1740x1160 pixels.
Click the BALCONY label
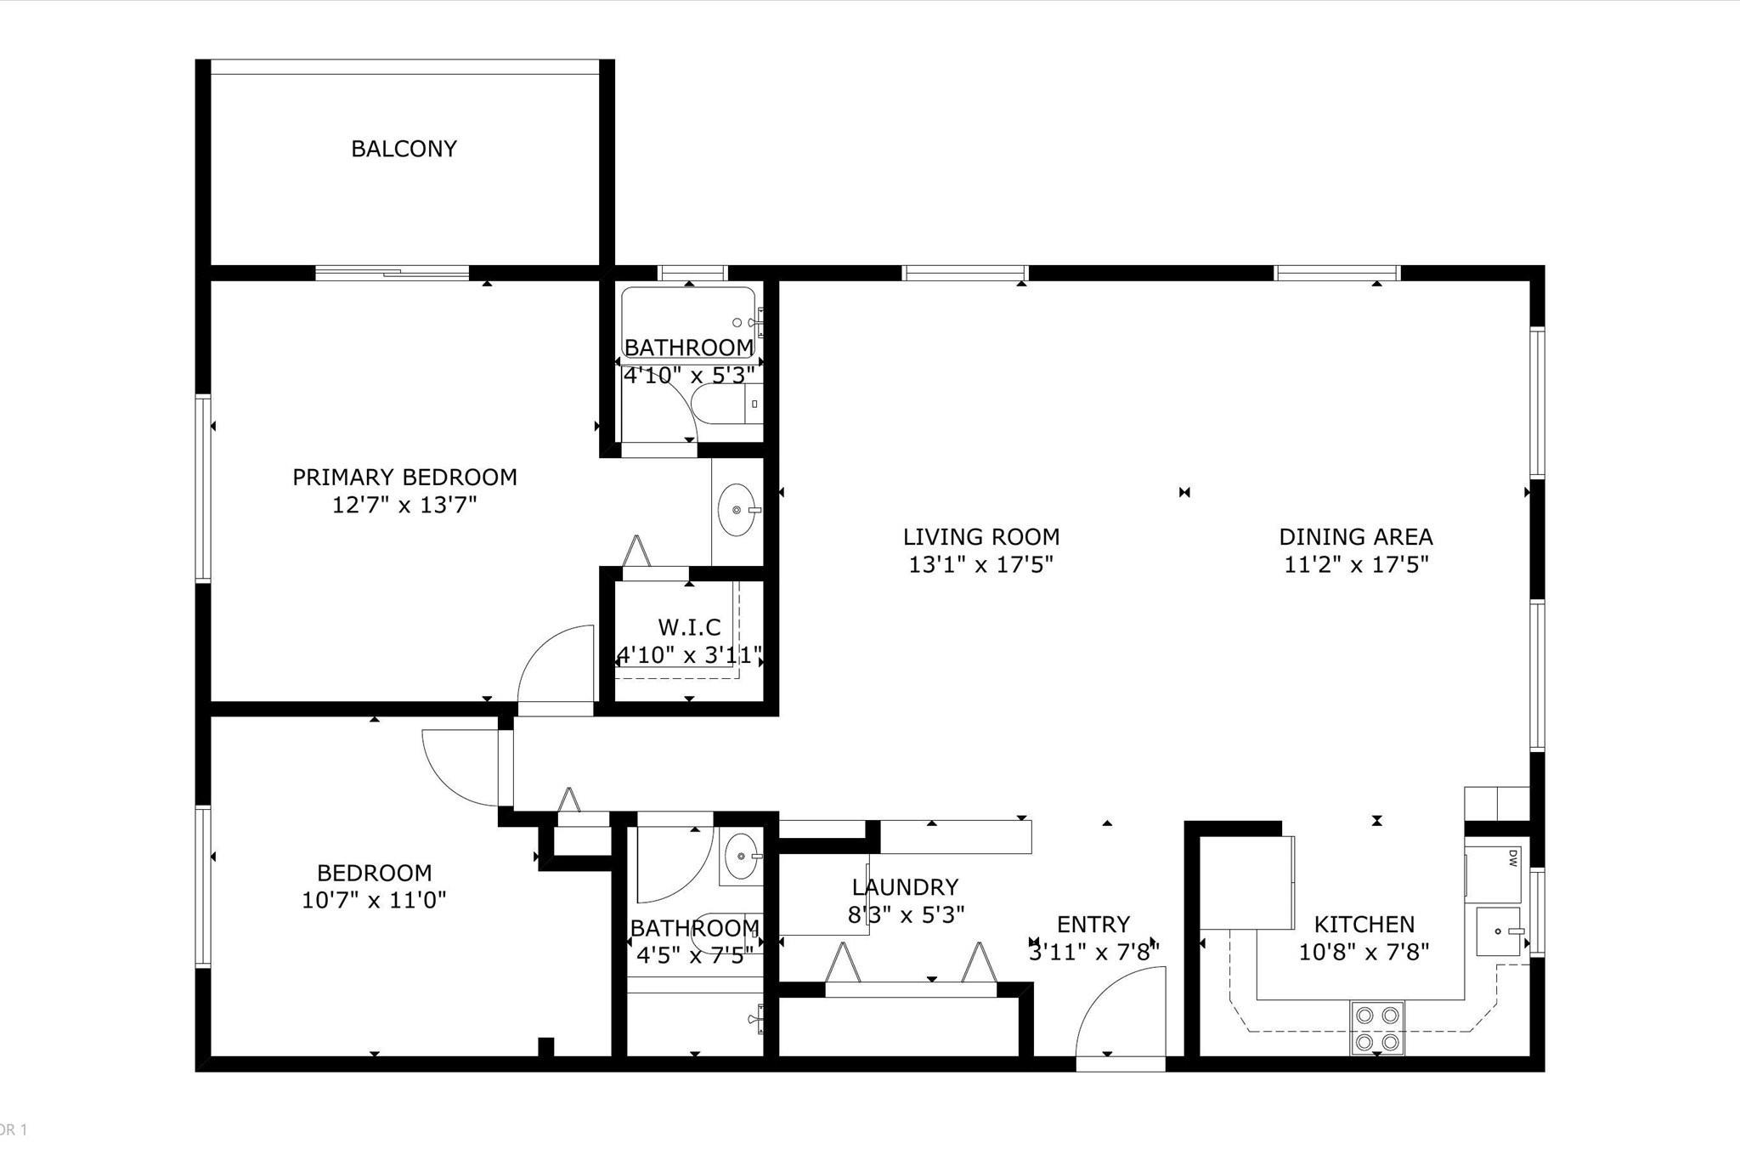(x=404, y=149)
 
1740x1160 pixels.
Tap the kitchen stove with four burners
(x=1377, y=1027)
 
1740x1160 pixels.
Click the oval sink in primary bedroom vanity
(x=736, y=511)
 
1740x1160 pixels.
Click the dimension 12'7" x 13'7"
(x=404, y=506)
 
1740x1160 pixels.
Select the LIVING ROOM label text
(x=980, y=537)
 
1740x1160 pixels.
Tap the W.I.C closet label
(x=689, y=628)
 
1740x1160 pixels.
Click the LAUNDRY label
(x=905, y=887)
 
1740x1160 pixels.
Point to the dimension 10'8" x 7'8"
(x=1364, y=952)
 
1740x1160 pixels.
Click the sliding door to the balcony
(x=392, y=273)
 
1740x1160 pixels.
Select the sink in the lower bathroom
(x=741, y=857)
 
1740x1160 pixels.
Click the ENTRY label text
(x=1093, y=925)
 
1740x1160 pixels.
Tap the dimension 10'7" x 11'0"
(x=374, y=900)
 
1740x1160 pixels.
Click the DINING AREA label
(x=1356, y=537)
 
